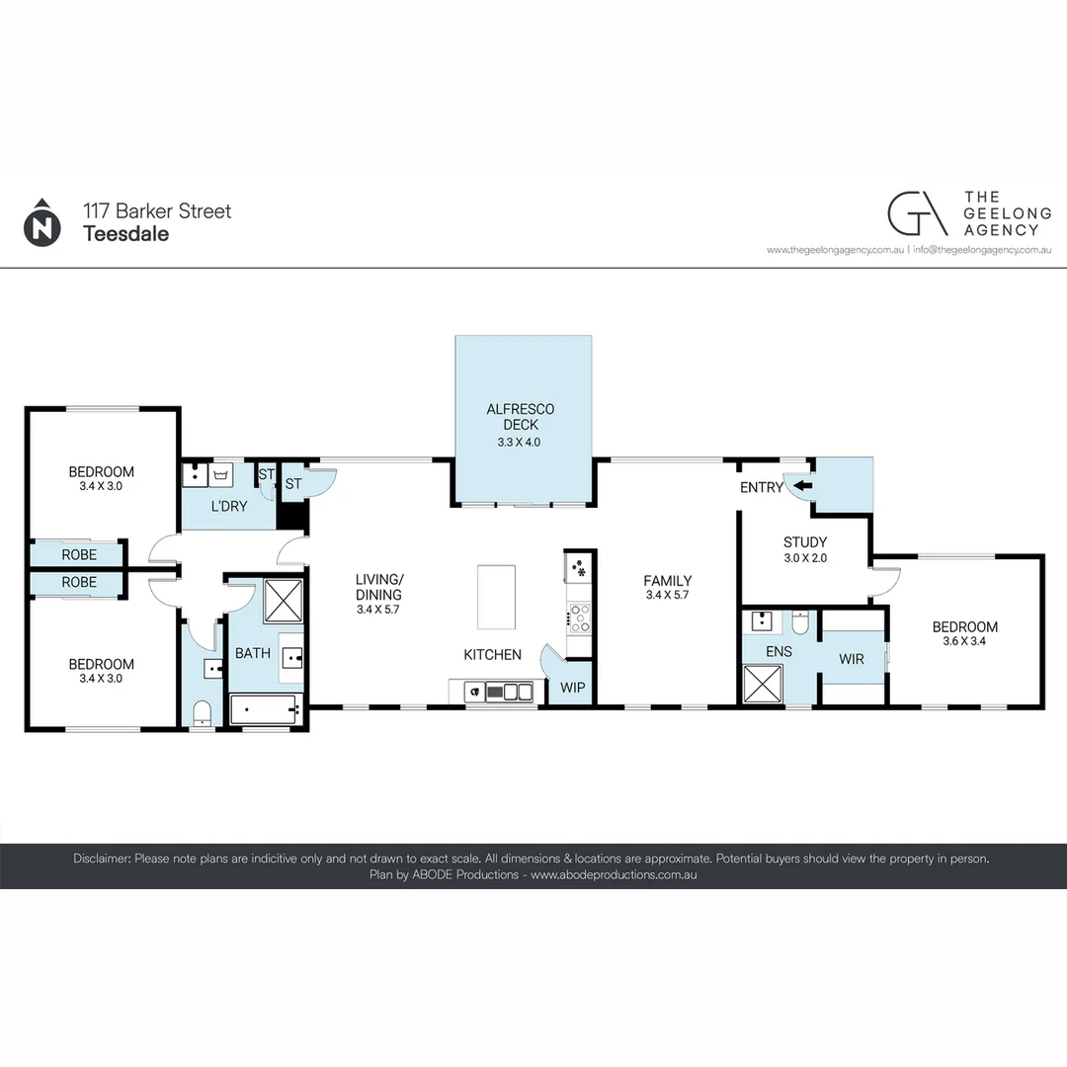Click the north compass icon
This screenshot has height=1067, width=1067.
click(x=41, y=222)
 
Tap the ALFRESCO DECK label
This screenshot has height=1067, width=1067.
click(x=520, y=417)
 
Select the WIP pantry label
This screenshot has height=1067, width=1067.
click(x=570, y=686)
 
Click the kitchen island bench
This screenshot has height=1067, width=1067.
click(x=496, y=597)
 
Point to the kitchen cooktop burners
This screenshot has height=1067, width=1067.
click(x=578, y=619)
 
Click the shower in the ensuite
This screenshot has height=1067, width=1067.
click(x=762, y=684)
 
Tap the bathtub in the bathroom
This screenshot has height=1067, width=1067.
click(x=264, y=708)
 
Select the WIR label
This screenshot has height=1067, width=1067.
click(x=852, y=658)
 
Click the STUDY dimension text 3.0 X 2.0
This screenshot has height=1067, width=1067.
click(x=804, y=558)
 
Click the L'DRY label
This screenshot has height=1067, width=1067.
click(x=228, y=506)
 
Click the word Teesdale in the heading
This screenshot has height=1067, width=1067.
click(x=125, y=234)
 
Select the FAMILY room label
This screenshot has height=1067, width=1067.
click(x=667, y=581)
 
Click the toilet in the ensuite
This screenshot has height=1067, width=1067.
click(x=800, y=621)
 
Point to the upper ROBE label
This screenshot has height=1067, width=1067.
click(x=79, y=554)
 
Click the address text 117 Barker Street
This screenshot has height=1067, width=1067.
click(x=157, y=210)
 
